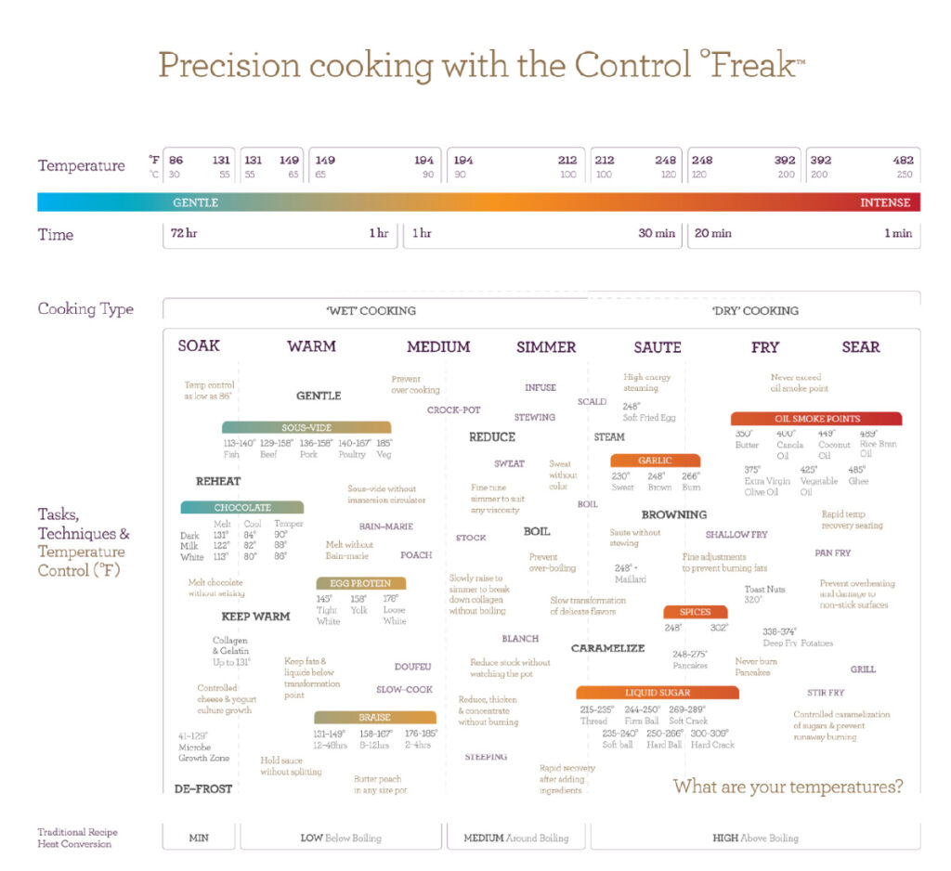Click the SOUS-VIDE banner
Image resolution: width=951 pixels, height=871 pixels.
click(x=306, y=427)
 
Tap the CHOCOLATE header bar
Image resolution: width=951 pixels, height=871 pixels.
click(x=242, y=508)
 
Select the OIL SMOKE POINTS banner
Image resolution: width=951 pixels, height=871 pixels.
click(x=816, y=419)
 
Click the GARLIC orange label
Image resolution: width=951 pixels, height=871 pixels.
click(x=655, y=461)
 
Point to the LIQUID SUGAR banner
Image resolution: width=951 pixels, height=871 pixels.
click(x=658, y=693)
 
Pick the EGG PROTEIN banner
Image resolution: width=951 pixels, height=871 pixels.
click(x=360, y=583)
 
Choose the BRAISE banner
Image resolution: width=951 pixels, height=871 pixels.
click(x=375, y=718)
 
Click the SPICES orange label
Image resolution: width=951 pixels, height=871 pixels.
click(x=695, y=612)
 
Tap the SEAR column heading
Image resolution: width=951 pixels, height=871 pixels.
click(x=860, y=346)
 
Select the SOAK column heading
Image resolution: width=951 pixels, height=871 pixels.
click(x=199, y=345)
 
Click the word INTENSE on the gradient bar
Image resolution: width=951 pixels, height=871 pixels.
click(x=885, y=202)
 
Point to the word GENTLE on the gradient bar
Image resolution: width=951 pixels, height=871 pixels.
click(x=195, y=202)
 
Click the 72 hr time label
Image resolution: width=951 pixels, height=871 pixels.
click(x=184, y=234)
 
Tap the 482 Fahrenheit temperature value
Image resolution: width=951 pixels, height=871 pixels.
click(x=902, y=160)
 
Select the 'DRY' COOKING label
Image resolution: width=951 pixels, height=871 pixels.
click(x=755, y=310)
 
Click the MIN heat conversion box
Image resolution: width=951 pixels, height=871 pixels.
click(x=199, y=838)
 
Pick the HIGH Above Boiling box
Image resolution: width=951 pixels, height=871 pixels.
click(x=755, y=838)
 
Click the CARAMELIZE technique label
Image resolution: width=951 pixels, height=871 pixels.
click(x=607, y=648)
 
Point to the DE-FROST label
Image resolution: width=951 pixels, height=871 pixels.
click(x=203, y=788)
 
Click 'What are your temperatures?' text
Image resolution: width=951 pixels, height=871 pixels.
click(x=788, y=786)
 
